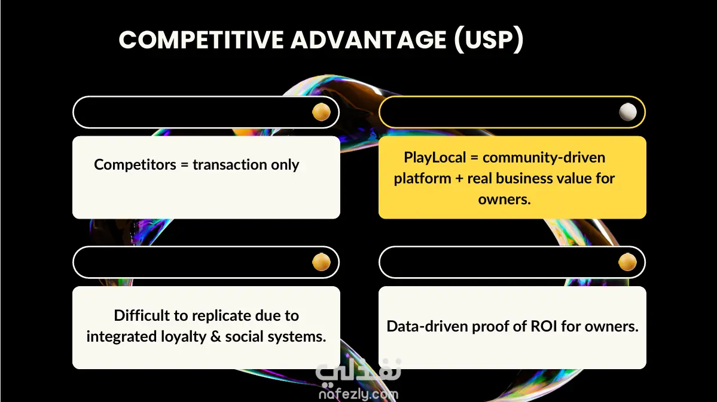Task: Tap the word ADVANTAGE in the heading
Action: pyautogui.click(x=368, y=39)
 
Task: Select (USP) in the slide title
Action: pyautogui.click(x=489, y=39)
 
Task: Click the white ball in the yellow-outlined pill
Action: pyautogui.click(x=627, y=112)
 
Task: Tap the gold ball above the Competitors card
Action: pyautogui.click(x=321, y=112)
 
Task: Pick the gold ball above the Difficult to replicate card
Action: pyautogui.click(x=321, y=262)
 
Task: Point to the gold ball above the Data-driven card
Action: pyautogui.click(x=627, y=262)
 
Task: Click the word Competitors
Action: pyautogui.click(x=135, y=164)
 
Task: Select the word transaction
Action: pyautogui.click(x=230, y=164)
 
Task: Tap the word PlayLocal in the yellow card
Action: pyautogui.click(x=435, y=158)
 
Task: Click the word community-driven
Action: pyautogui.click(x=544, y=158)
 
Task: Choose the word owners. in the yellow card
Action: pyautogui.click(x=504, y=200)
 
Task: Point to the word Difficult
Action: pyautogui.click(x=141, y=315)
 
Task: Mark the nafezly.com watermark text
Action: pyautogui.click(x=359, y=394)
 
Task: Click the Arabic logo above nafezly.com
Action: pyautogui.click(x=359, y=370)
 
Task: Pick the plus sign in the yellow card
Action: pyautogui.click(x=459, y=179)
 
